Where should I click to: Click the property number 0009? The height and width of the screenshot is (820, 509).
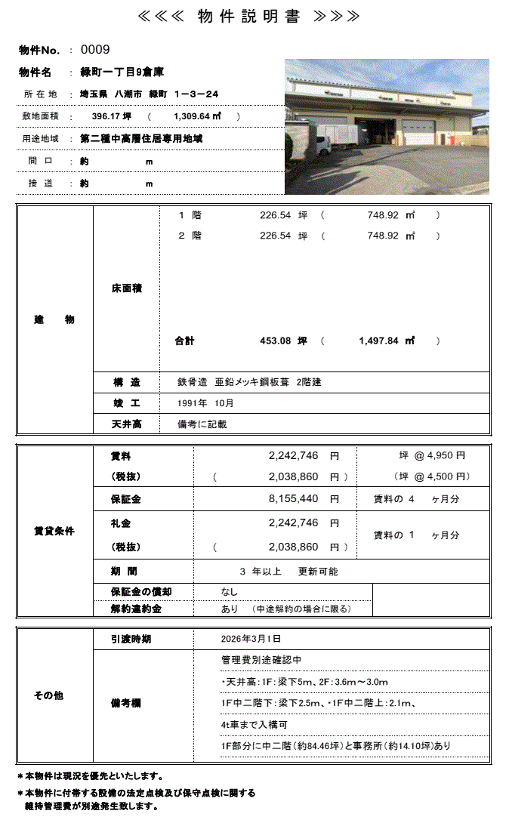[95, 50]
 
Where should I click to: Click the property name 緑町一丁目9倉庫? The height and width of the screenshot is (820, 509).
[122, 72]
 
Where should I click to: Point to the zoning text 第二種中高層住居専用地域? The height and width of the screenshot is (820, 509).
[140, 139]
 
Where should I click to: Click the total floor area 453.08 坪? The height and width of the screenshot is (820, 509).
[284, 341]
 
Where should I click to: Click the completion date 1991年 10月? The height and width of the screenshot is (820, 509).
[205, 403]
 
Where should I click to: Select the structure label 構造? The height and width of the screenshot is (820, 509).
[125, 382]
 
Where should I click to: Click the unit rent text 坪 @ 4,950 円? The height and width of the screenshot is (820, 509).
[432, 456]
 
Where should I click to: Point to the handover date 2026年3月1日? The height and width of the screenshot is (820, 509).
[251, 640]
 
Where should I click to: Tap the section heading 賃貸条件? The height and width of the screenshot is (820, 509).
[54, 532]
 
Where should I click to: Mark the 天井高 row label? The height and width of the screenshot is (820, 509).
[125, 424]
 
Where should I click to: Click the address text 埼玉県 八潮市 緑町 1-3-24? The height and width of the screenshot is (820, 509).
[149, 94]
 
